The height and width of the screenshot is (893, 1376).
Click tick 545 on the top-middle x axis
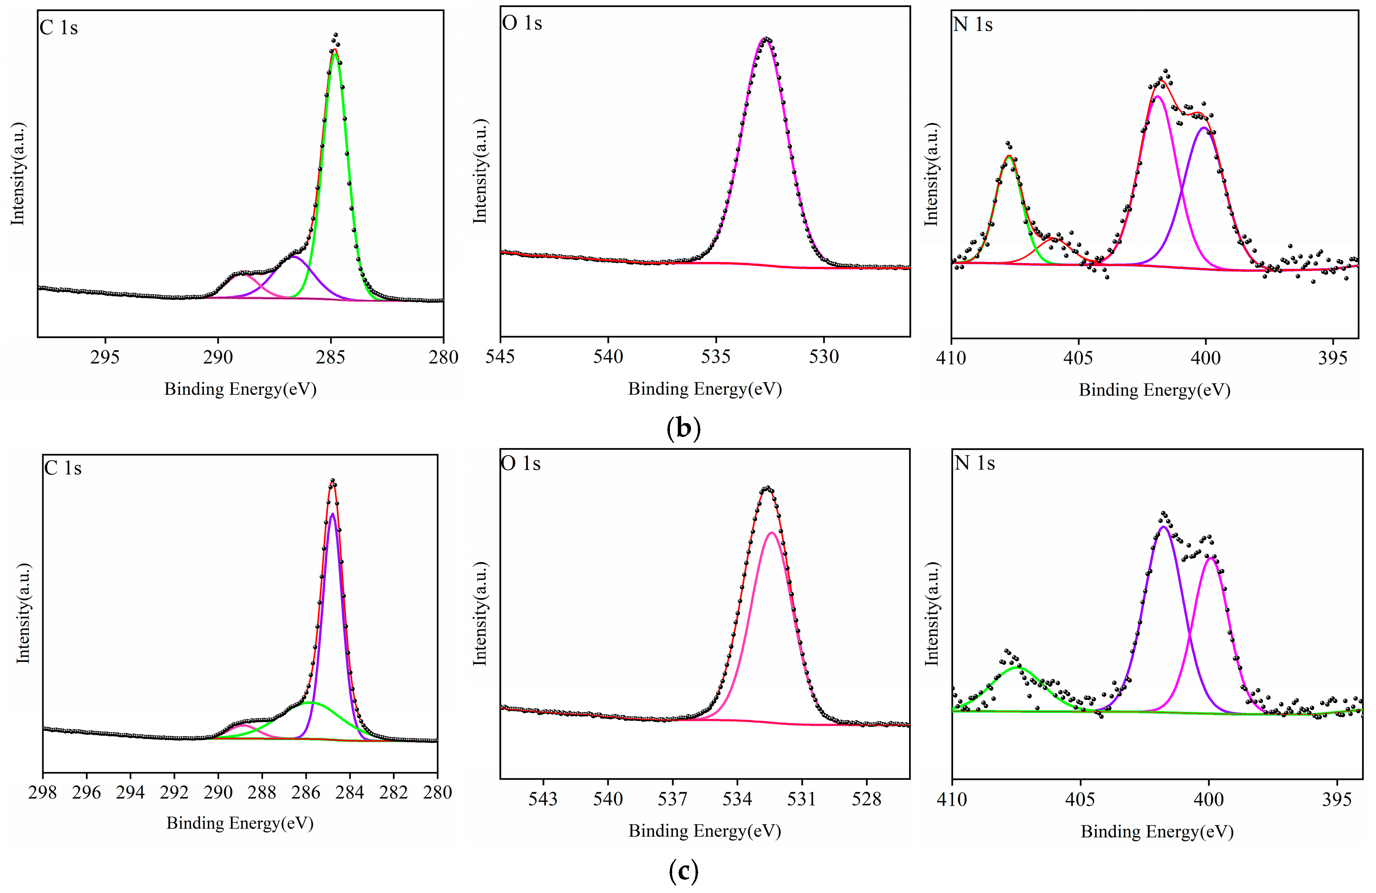point(500,356)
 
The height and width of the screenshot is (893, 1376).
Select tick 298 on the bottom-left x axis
point(43,792)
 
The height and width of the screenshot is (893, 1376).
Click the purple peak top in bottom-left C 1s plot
point(332,514)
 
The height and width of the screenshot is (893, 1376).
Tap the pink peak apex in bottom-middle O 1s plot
point(771,532)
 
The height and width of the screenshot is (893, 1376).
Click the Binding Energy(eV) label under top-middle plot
point(705,389)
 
